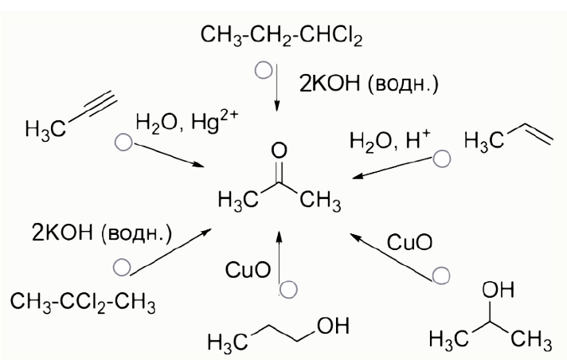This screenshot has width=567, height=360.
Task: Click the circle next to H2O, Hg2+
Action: click(x=122, y=143)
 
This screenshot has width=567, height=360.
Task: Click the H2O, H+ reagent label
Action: click(x=389, y=141)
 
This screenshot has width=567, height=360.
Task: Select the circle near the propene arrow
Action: click(x=440, y=159)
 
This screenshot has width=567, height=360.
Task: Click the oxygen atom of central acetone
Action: click(x=277, y=150)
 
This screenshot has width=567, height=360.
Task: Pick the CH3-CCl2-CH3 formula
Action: click(x=82, y=303)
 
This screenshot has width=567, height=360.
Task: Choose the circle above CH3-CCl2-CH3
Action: click(x=121, y=268)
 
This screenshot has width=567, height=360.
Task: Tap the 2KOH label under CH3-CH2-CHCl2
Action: click(x=369, y=83)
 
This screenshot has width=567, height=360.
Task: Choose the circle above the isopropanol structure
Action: click(x=440, y=276)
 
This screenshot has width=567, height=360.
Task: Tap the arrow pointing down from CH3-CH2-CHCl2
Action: click(x=277, y=88)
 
